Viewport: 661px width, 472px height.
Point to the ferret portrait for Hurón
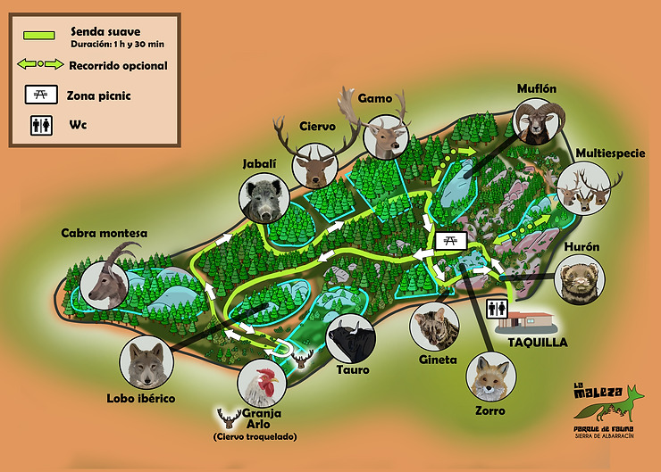(581, 281)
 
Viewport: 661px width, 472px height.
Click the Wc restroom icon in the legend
(41, 126)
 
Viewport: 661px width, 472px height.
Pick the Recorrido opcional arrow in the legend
(41, 65)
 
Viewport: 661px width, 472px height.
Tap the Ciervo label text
(318, 126)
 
